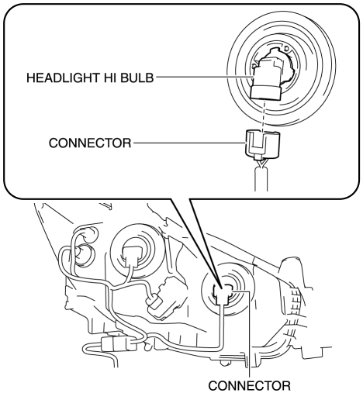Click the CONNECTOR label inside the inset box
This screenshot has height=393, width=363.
click(x=90, y=143)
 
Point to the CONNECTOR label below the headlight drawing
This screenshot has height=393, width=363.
click(x=250, y=385)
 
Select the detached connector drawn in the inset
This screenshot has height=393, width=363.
click(x=262, y=145)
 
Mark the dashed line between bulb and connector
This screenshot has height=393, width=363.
click(x=264, y=117)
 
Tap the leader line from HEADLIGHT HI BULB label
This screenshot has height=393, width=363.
click(x=203, y=77)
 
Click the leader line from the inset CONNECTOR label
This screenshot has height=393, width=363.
click(x=188, y=143)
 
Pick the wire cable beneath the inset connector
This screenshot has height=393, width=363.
click(x=261, y=178)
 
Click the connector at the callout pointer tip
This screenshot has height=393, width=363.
click(x=222, y=295)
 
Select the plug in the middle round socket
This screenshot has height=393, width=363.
click(x=134, y=256)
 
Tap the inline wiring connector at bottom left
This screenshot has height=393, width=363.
click(x=118, y=344)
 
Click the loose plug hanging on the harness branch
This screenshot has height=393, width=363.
click(x=154, y=304)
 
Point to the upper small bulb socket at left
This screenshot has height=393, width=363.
click(x=88, y=234)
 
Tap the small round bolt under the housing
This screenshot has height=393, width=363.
click(x=223, y=363)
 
